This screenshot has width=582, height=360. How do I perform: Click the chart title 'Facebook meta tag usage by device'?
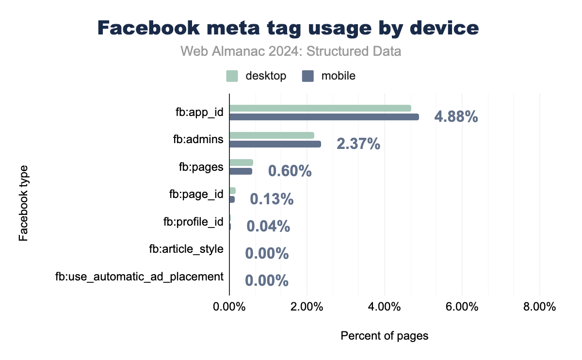tap(288, 28)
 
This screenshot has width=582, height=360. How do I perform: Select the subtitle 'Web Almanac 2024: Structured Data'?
tap(291, 51)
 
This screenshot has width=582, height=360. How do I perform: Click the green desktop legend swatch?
tap(232, 76)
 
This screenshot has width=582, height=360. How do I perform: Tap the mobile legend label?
tap(338, 76)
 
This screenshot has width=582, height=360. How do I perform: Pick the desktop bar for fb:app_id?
tap(320, 108)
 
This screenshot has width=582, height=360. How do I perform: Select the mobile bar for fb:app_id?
tap(324, 117)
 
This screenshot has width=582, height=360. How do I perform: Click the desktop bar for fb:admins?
tap(272, 135)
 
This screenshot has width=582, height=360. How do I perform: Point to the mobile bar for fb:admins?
tap(275, 144)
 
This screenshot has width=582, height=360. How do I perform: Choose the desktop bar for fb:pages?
tap(241, 163)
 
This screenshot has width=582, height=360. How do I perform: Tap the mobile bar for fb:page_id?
tap(232, 199)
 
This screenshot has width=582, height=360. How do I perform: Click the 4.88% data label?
tap(456, 117)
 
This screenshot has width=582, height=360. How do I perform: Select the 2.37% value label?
tap(358, 144)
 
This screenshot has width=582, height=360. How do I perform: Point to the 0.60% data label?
tap(290, 171)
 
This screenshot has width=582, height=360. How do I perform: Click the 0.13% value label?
tap(271, 199)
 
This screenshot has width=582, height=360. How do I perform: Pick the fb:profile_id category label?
tap(193, 222)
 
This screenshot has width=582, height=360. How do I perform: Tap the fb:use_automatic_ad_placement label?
tap(139, 277)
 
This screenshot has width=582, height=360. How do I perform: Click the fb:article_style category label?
tap(186, 249)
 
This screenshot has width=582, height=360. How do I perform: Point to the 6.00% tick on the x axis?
tap(462, 308)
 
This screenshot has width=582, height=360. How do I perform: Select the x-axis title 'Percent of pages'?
tap(385, 336)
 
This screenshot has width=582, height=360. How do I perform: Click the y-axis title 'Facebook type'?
tap(23, 203)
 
